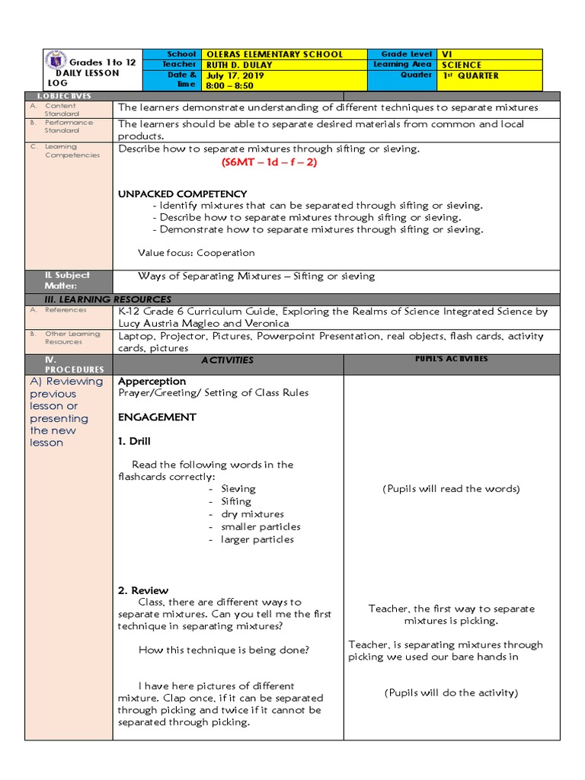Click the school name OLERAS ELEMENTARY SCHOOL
pyautogui.click(x=275, y=55)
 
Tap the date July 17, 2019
pyautogui.click(x=233, y=76)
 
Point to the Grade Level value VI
pyautogui.click(x=447, y=55)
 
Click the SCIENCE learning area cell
pyautogui.click(x=462, y=66)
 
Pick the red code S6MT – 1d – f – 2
pyautogui.click(x=269, y=162)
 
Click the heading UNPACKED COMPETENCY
pyautogui.click(x=182, y=194)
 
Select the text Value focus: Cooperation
pyautogui.click(x=197, y=253)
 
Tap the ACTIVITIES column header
pyautogui.click(x=227, y=360)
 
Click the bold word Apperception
pyautogui.click(x=152, y=381)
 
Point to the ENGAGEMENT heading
pyautogui.click(x=157, y=417)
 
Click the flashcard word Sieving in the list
pyautogui.click(x=238, y=489)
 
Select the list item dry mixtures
pyautogui.click(x=252, y=514)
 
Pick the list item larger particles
pyautogui.click(x=257, y=540)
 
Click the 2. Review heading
pyautogui.click(x=143, y=590)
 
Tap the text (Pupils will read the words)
pyautogui.click(x=451, y=489)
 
